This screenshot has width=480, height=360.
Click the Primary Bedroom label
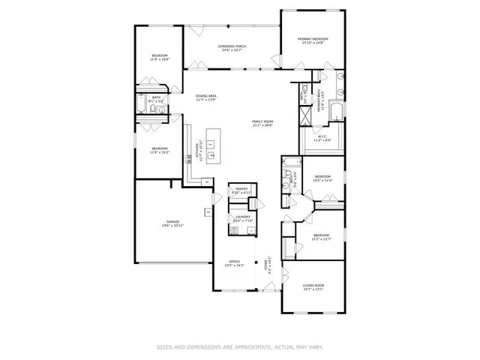tap(313, 38)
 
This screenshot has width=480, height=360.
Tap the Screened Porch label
tap(232, 46)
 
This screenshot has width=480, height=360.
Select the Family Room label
tap(262, 121)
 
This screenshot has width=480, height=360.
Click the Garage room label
tap(172, 222)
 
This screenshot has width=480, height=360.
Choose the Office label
tap(235, 262)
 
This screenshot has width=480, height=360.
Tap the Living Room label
tap(313, 285)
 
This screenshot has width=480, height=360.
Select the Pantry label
tap(241, 189)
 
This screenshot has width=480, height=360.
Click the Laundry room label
tap(241, 217)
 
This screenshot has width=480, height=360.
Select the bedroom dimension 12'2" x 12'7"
tap(322, 239)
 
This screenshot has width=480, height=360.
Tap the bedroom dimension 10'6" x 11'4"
tap(322, 181)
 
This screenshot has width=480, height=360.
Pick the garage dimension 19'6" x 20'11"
tap(172, 226)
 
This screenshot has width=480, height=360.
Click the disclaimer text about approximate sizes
tap(239, 346)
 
